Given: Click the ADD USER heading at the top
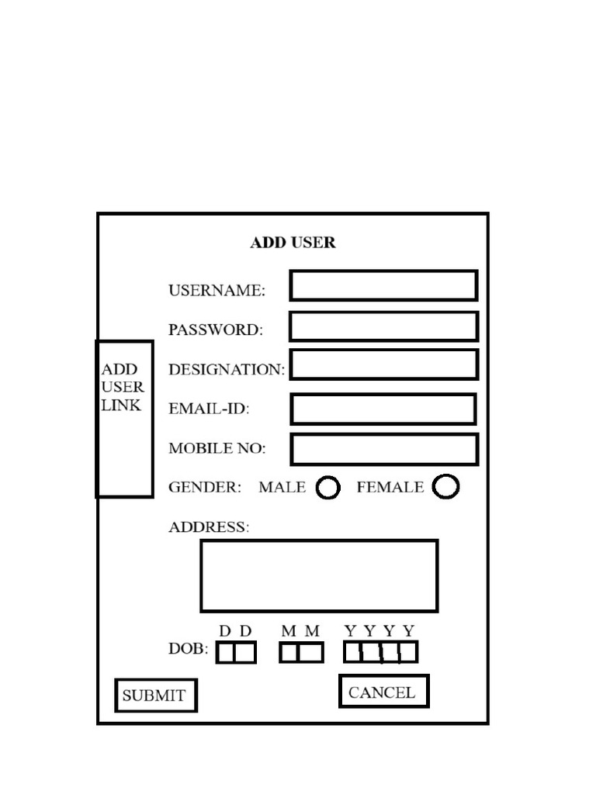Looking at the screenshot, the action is (293, 243).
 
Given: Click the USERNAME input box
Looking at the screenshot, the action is (383, 285).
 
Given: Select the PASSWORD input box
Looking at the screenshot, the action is (383, 326).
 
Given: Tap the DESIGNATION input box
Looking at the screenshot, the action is (384, 364).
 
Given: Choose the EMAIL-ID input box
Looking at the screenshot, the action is (383, 409).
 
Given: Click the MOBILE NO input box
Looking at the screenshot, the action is (385, 449).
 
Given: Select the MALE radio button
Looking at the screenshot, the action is (328, 488).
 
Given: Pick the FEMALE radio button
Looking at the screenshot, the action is (446, 486).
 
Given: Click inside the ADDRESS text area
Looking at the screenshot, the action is (319, 576).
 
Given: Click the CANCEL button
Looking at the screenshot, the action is (384, 691).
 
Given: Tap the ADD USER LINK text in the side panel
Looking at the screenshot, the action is (122, 388).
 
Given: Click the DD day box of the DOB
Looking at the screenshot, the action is (236, 652).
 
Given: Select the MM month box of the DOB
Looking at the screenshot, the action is (302, 652).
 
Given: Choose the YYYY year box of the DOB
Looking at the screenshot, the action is (380, 651).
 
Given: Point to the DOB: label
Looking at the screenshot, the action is (188, 649).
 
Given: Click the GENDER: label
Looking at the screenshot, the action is (205, 487).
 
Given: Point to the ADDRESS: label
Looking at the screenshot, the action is (209, 527).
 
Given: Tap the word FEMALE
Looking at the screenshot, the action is (390, 487).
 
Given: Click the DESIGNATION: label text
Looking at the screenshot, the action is (227, 370).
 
